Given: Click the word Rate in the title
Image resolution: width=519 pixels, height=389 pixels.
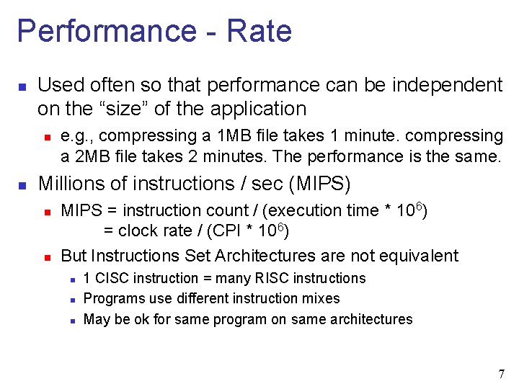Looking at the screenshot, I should pos(259,31).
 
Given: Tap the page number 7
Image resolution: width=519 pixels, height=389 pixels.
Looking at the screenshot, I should pos(501,374).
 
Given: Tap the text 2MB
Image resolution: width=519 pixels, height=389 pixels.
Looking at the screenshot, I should pos(90,156).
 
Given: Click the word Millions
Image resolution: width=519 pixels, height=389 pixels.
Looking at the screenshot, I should pos(73,184).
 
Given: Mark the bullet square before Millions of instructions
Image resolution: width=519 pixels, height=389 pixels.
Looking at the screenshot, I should pos(22,185).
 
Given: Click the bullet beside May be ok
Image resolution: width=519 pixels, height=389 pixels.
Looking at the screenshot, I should pos(70,319).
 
